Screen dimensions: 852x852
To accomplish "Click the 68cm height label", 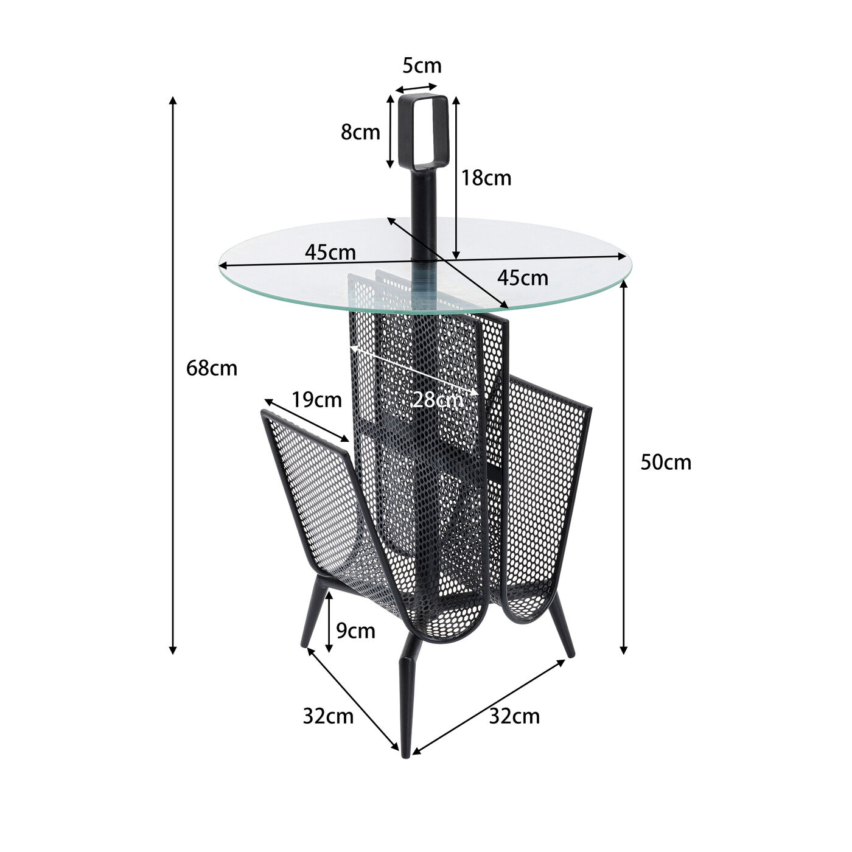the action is pyautogui.click(x=212, y=368).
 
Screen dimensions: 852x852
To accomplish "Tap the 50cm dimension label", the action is pyautogui.click(x=666, y=463).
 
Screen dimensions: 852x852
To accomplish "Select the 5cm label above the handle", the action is pyautogui.click(x=422, y=66).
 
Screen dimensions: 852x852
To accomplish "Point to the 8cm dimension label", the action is pyautogui.click(x=360, y=132).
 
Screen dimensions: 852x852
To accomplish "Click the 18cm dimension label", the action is pyautogui.click(x=486, y=178).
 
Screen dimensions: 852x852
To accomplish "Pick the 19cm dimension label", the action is pyautogui.click(x=316, y=400).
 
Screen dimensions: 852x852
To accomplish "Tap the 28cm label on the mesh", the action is pyautogui.click(x=438, y=400).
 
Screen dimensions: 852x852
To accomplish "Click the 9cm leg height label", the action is pyautogui.click(x=356, y=631).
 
